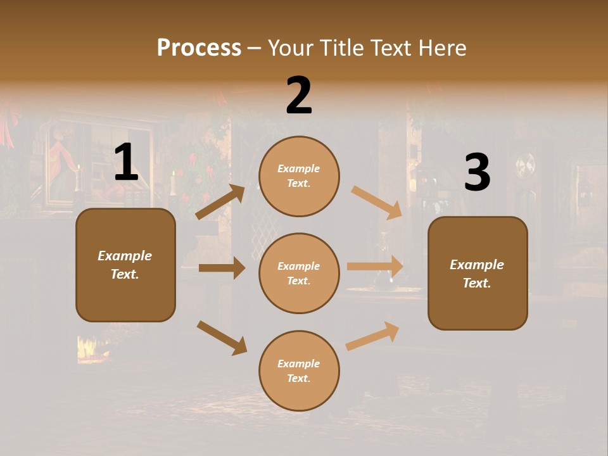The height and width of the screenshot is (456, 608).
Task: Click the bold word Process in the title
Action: (199, 47)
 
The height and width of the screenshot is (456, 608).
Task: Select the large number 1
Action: (125, 162)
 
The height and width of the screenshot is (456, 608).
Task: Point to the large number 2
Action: (299, 96)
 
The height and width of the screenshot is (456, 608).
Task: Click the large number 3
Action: (477, 172)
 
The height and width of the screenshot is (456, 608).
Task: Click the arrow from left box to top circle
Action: (220, 202)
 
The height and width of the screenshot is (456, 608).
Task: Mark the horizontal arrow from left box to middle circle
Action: (222, 268)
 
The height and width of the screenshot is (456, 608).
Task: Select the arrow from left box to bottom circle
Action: (222, 337)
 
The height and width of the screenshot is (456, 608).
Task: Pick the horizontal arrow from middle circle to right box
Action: (375, 267)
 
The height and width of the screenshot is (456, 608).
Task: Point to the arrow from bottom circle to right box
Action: (372, 336)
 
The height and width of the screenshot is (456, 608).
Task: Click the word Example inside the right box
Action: (477, 265)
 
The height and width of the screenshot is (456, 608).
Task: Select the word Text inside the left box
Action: (124, 274)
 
